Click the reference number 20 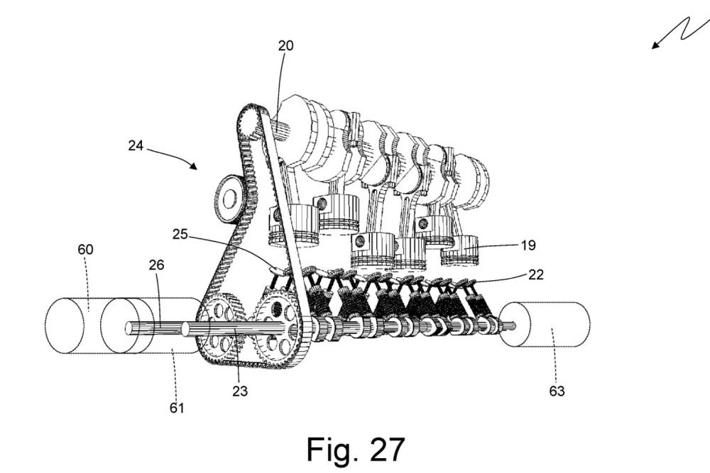click(286, 45)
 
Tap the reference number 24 click(136, 146)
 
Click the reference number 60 click(85, 250)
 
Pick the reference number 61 click(176, 407)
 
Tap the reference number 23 click(240, 390)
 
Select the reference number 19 click(528, 245)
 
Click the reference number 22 click(536, 275)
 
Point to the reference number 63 click(557, 390)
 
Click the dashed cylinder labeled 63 click(545, 324)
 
